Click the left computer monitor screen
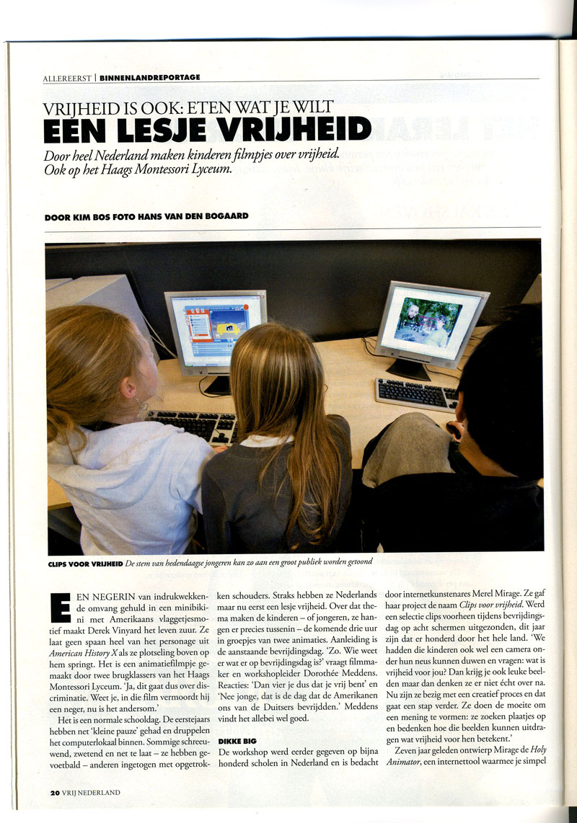(x=215, y=328)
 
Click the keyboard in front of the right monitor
(x=416, y=393)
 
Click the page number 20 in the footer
(x=54, y=792)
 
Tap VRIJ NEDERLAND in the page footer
(x=92, y=792)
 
